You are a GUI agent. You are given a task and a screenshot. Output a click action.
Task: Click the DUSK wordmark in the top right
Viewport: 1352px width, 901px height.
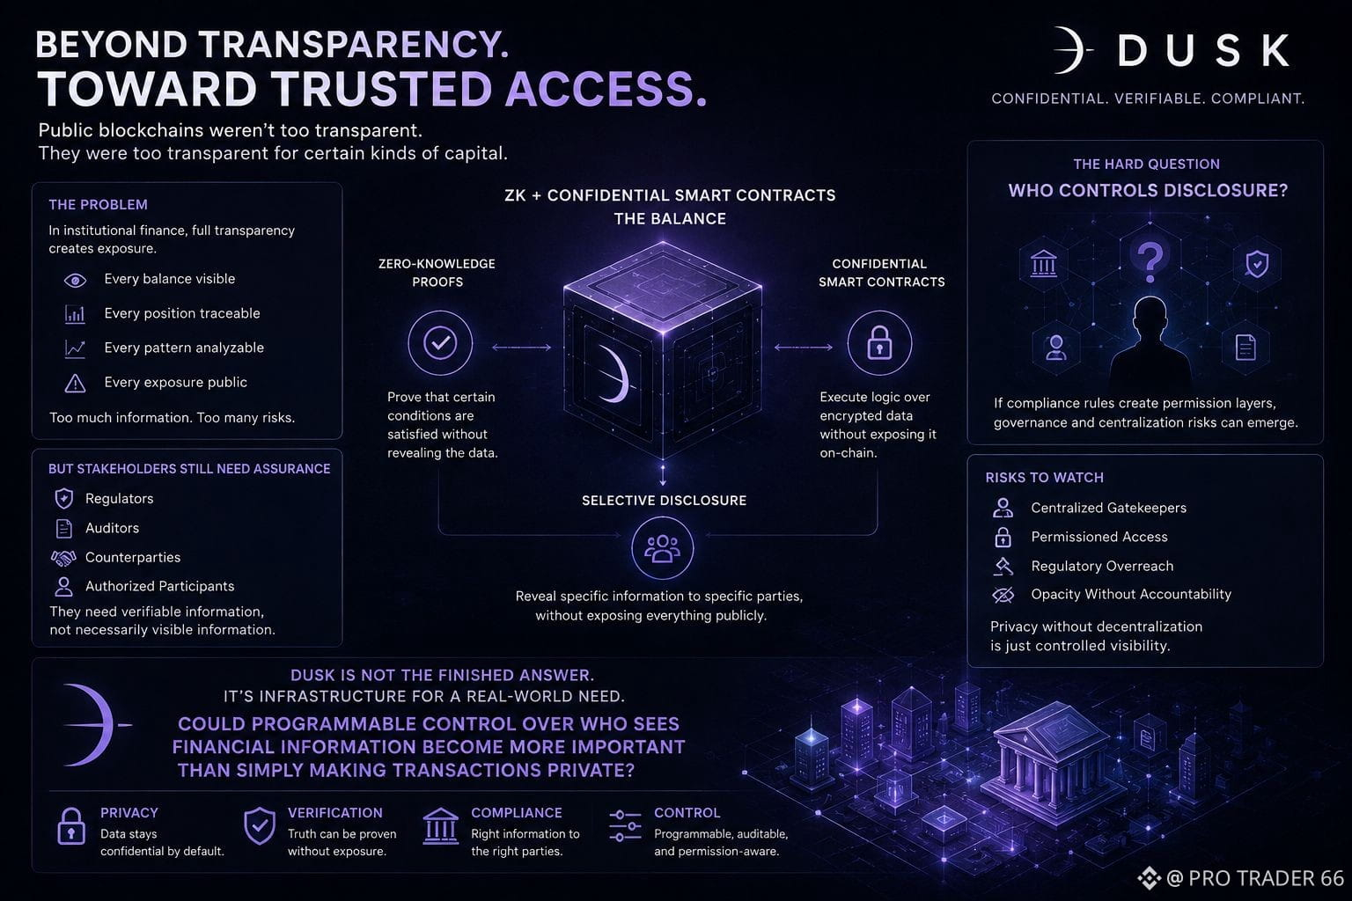click(1203, 50)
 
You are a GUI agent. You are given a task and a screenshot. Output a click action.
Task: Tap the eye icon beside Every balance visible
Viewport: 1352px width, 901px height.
click(75, 280)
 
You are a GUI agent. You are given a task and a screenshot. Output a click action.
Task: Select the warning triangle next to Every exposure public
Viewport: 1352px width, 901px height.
click(75, 383)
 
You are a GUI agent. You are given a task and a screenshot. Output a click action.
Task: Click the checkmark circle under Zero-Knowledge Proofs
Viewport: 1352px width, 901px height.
click(440, 343)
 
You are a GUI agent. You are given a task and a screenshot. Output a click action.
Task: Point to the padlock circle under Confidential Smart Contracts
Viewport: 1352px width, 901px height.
click(879, 343)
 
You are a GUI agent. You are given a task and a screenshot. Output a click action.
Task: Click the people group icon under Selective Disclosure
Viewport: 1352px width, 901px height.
click(662, 548)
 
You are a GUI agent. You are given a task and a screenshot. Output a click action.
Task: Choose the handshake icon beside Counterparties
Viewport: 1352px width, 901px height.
click(63, 558)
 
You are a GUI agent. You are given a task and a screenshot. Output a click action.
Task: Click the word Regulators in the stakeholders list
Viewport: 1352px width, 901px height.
click(120, 499)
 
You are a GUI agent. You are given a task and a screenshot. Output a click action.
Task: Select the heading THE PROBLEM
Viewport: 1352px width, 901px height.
click(98, 205)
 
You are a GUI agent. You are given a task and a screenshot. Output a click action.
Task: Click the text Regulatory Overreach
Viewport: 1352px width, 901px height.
click(1102, 566)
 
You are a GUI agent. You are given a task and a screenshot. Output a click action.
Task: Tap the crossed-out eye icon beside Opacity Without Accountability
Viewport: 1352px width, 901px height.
click(1003, 595)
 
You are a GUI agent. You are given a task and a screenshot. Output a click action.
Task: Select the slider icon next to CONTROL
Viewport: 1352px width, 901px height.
click(625, 825)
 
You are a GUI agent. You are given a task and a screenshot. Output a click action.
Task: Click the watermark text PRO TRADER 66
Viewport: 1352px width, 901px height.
click(1266, 878)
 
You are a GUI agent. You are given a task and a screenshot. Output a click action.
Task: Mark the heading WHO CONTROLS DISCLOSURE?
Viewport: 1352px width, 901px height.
click(1148, 191)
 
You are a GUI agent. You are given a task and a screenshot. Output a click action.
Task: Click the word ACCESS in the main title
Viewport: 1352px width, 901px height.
click(606, 90)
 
